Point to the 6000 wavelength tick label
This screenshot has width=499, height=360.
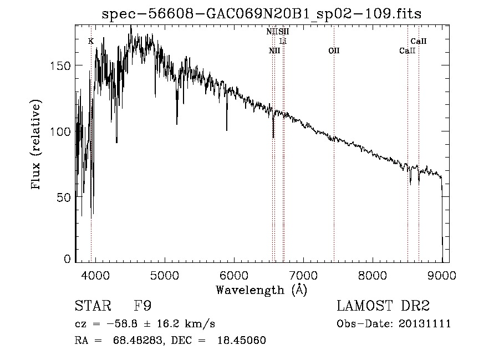click(234, 275)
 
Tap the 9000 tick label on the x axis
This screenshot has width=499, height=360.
click(442, 275)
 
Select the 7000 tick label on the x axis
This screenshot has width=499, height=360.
click(303, 275)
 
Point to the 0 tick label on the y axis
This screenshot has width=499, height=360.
click(68, 259)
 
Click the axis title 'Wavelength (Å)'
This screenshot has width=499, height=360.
click(261, 290)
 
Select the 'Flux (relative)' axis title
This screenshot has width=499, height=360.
click(37, 146)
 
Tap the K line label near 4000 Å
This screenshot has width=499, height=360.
click(91, 41)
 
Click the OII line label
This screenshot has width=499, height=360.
click(334, 51)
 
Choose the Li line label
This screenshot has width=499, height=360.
click(283, 42)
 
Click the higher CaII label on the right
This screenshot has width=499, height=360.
click(418, 41)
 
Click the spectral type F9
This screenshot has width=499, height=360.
click(143, 306)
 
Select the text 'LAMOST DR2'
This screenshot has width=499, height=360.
click(383, 306)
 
